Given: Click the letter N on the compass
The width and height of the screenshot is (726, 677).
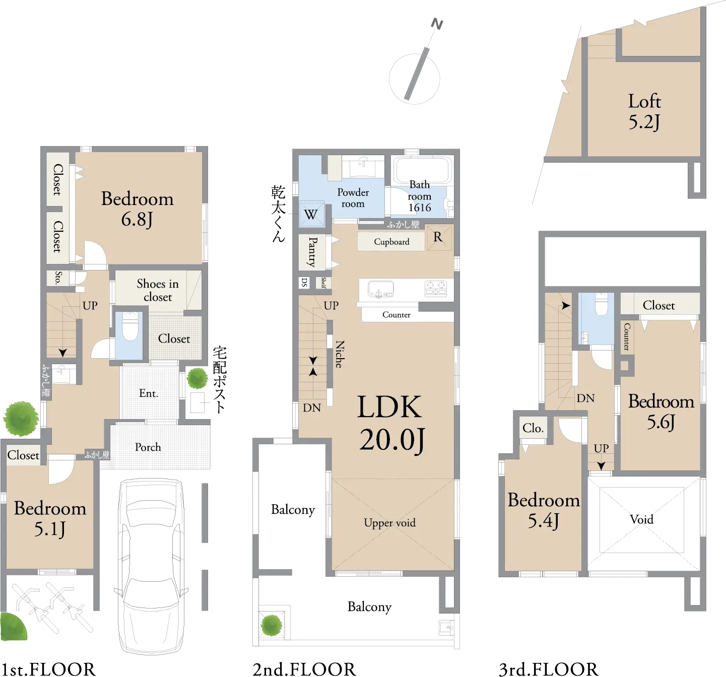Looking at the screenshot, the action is pyautogui.click(x=437, y=24).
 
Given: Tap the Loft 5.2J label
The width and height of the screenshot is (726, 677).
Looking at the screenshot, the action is pyautogui.click(x=644, y=112).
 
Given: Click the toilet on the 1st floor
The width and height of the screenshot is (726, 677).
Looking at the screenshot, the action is pyautogui.click(x=130, y=325).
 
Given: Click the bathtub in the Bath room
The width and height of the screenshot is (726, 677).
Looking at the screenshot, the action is pyautogui.click(x=422, y=169).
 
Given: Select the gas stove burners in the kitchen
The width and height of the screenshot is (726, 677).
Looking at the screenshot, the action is pyautogui.click(x=435, y=289).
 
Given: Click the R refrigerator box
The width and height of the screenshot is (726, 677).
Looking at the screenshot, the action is pyautogui.click(x=439, y=238).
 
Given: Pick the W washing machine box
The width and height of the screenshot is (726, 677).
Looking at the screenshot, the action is pyautogui.click(x=311, y=214).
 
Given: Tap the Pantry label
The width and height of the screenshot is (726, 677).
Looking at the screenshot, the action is pyautogui.click(x=312, y=252).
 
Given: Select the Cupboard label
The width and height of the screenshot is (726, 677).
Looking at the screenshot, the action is pyautogui.click(x=391, y=242).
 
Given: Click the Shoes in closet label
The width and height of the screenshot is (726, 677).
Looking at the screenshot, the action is pyautogui.click(x=158, y=290).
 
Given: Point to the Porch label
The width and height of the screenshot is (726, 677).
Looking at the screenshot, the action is pyautogui.click(x=148, y=447).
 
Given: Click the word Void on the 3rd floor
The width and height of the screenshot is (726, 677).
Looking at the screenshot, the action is pyautogui.click(x=641, y=519).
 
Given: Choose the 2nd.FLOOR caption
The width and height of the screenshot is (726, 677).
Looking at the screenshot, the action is pyautogui.click(x=304, y=669).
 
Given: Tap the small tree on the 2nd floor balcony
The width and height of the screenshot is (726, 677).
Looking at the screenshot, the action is pyautogui.click(x=272, y=625).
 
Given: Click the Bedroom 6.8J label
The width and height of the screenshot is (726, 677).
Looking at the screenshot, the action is pyautogui.click(x=137, y=209).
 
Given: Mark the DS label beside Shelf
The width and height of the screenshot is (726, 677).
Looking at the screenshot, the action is pyautogui.click(x=304, y=282).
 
